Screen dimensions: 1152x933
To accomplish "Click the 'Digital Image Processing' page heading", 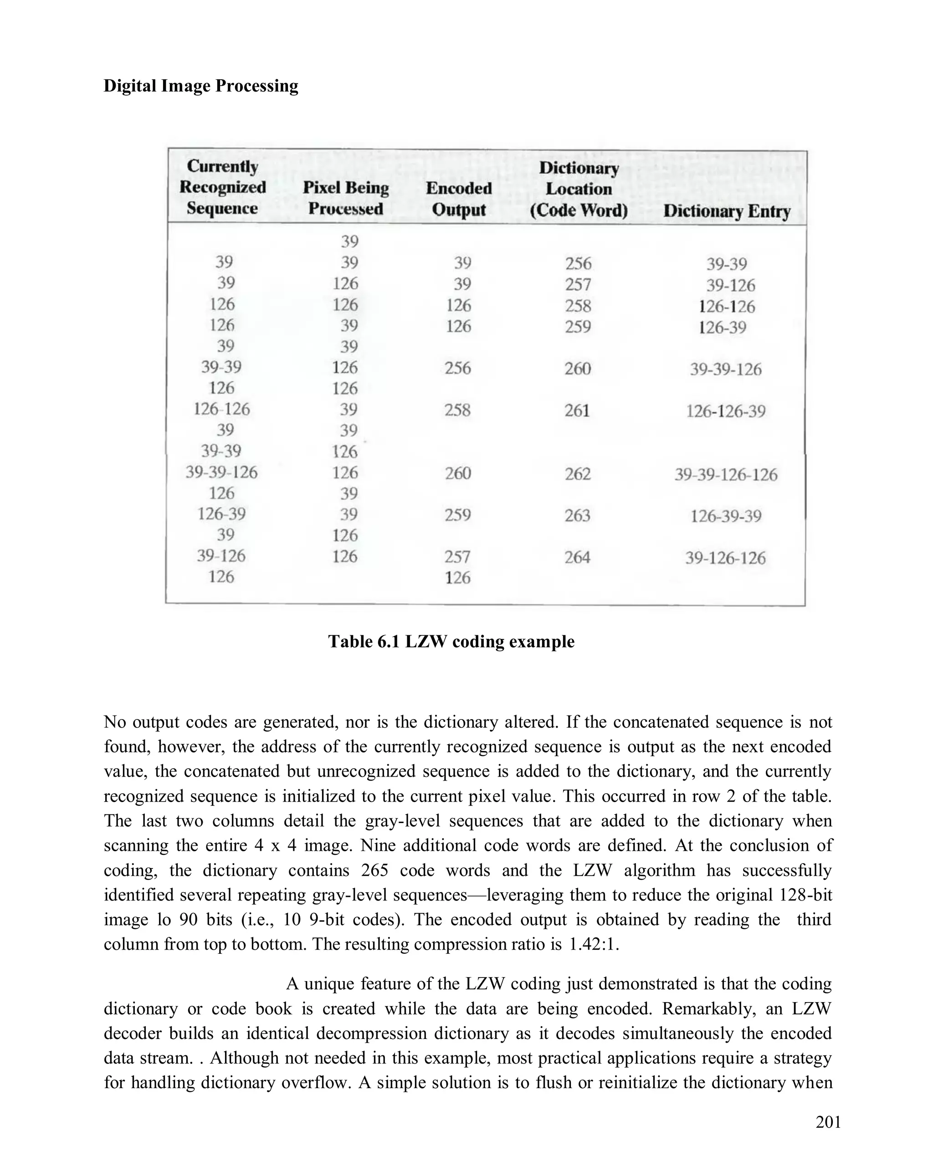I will (200, 86).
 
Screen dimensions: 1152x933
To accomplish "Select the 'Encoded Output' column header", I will (458, 198).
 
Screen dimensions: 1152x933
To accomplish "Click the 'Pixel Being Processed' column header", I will (346, 198).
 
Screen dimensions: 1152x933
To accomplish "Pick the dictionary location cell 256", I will (578, 263).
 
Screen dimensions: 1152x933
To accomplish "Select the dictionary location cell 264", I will (577, 557).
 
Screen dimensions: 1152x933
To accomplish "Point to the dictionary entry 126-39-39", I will (726, 516).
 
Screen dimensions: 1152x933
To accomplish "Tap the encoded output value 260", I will (458, 473).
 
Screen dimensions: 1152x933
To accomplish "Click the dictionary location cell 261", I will (577, 411).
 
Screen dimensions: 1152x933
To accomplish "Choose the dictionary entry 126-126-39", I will (726, 411).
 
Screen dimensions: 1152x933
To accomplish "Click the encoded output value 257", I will (457, 556).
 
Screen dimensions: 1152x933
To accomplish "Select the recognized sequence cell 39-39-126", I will (221, 472).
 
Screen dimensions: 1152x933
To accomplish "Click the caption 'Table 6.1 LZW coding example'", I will (451, 641).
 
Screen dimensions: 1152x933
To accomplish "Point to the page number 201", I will (828, 1122).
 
